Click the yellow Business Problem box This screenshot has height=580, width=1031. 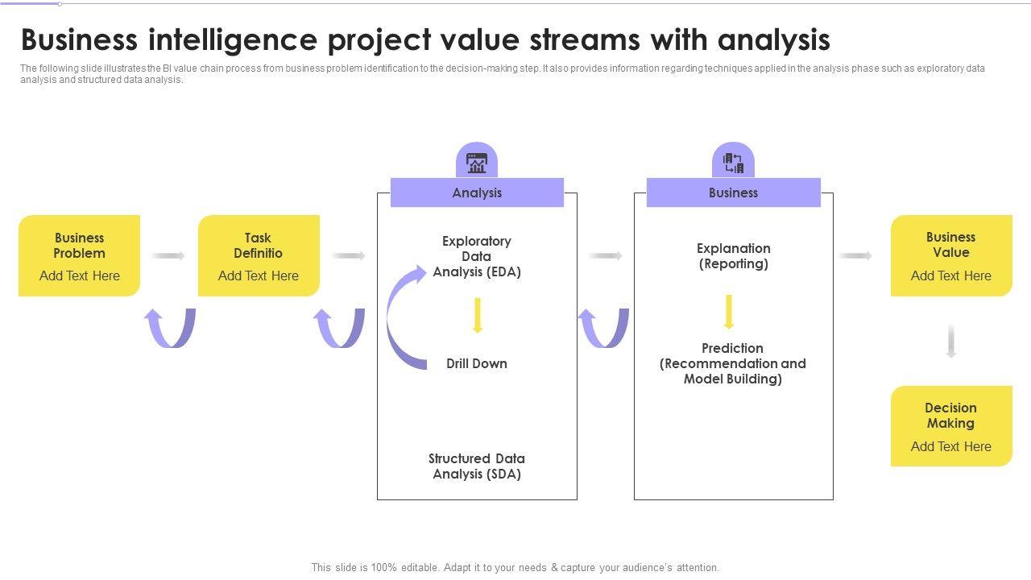[x=79, y=255]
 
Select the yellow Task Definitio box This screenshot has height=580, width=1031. [x=259, y=255]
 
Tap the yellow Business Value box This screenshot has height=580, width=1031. [x=951, y=255]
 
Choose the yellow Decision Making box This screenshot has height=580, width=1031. [x=951, y=426]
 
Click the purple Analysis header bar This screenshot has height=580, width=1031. [x=477, y=193]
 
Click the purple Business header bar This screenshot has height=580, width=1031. [x=733, y=193]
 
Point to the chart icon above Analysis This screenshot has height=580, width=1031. [x=477, y=163]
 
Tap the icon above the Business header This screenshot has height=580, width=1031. [x=733, y=163]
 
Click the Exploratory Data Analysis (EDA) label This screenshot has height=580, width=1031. [x=477, y=256]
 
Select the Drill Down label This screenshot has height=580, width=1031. [x=477, y=363]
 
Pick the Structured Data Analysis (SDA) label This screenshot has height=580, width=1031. [x=477, y=466]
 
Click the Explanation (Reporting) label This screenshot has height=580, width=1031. [x=733, y=256]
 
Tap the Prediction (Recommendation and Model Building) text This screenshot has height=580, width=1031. [x=733, y=363]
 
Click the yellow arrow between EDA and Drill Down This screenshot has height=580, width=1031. [x=478, y=315]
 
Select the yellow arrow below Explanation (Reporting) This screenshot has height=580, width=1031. [x=729, y=312]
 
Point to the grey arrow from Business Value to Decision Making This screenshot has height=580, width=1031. [x=951, y=341]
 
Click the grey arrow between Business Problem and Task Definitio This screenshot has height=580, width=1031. [x=168, y=255]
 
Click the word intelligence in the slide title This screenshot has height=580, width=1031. [x=233, y=40]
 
